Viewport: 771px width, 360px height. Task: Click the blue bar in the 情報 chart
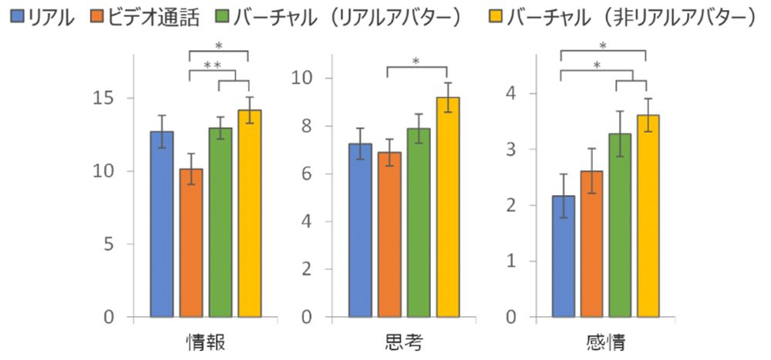tap(162, 224)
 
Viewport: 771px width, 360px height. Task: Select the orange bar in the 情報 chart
tap(191, 243)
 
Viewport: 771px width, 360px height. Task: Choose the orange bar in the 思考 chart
tap(389, 234)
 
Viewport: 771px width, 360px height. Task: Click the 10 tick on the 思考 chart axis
tap(302, 78)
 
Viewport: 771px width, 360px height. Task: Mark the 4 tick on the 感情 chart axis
tap(510, 93)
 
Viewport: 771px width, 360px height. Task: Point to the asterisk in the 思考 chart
tap(416, 62)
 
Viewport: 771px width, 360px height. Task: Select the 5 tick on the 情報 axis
tap(106, 244)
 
